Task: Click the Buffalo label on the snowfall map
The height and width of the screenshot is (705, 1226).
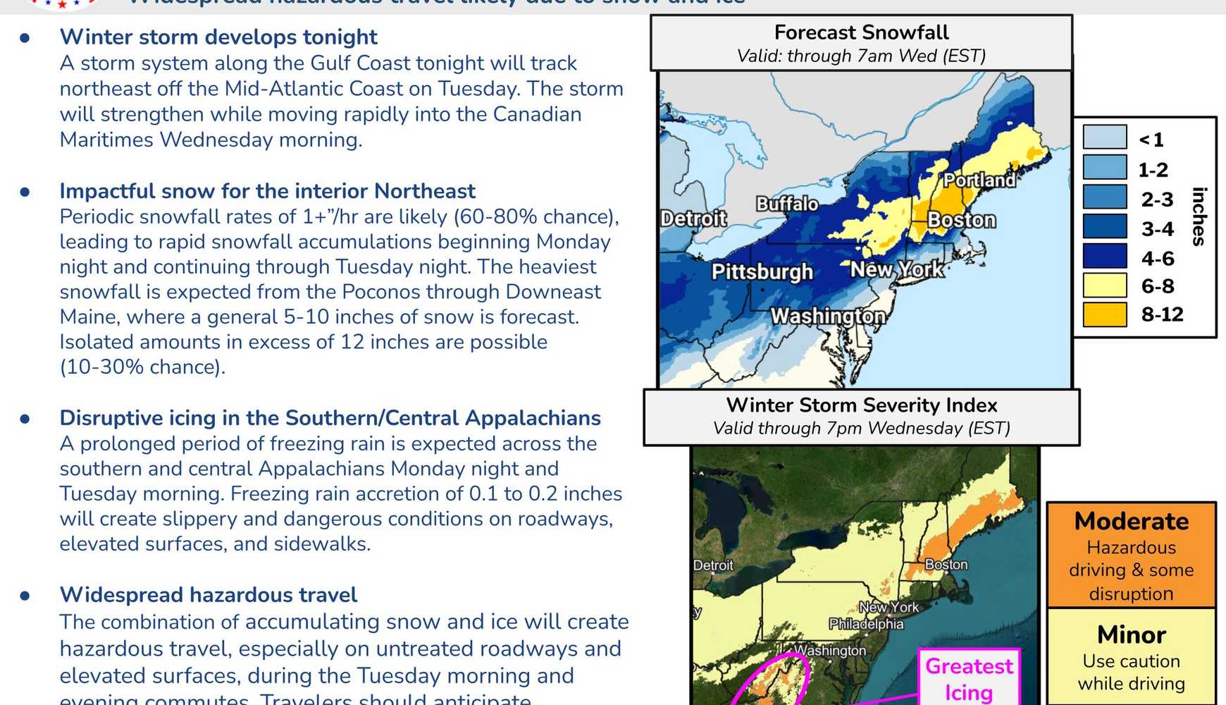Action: click(x=787, y=204)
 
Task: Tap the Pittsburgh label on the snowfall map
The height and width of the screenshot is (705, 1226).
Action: click(x=762, y=271)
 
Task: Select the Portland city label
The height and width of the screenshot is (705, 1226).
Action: click(x=979, y=180)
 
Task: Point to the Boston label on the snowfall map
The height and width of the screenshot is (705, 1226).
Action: click(x=961, y=220)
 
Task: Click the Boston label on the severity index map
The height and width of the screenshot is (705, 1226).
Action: click(x=946, y=565)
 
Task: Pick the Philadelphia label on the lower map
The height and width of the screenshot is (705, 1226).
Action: click(x=865, y=624)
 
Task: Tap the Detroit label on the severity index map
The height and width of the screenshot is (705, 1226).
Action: click(x=712, y=565)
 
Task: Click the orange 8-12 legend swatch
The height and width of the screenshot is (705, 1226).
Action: click(x=1104, y=314)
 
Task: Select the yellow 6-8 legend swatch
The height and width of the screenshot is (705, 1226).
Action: click(x=1104, y=286)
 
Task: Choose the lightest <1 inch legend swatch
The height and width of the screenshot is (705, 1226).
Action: click(x=1104, y=137)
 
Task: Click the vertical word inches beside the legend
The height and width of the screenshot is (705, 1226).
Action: click(x=1199, y=216)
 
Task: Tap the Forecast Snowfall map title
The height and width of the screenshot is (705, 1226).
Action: click(x=861, y=32)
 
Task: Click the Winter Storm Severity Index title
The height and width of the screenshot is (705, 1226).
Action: click(x=861, y=405)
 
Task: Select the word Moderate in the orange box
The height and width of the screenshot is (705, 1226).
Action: click(x=1131, y=521)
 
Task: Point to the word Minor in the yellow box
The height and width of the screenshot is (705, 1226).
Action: click(x=1131, y=634)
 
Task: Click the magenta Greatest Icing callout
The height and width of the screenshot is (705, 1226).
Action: click(x=969, y=678)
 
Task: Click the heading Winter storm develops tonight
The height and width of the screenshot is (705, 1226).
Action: click(x=218, y=37)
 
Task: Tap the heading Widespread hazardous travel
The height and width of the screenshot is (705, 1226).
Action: click(x=208, y=595)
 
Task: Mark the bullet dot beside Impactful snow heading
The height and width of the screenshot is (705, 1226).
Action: click(x=25, y=192)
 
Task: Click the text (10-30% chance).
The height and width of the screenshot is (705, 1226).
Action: click(x=142, y=367)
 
